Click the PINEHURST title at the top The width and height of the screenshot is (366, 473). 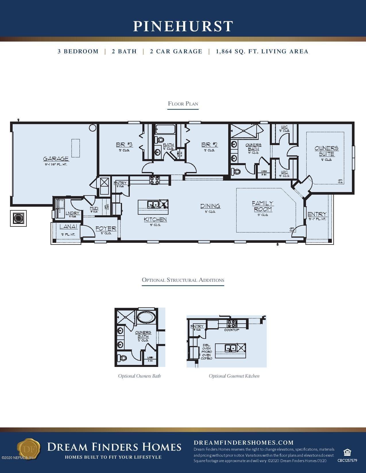(183, 26)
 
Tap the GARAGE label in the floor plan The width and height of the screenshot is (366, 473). (56, 159)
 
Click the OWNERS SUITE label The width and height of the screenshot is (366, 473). (326, 151)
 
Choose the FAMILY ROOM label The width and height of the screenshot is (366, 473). (263, 206)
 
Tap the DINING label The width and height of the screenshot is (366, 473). (210, 206)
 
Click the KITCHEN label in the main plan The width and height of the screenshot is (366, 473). (155, 219)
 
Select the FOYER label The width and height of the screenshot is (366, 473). (106, 228)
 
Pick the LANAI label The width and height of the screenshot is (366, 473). (69, 227)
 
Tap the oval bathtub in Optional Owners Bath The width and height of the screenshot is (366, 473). (146, 317)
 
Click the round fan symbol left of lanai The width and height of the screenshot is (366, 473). (18, 218)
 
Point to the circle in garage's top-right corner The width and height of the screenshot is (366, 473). (92, 128)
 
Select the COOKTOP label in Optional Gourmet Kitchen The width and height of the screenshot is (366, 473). (232, 330)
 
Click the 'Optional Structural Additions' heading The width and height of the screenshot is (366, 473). (183, 280)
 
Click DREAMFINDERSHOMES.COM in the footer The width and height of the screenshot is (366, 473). (243, 443)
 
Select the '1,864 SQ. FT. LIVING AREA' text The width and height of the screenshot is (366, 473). (262, 52)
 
